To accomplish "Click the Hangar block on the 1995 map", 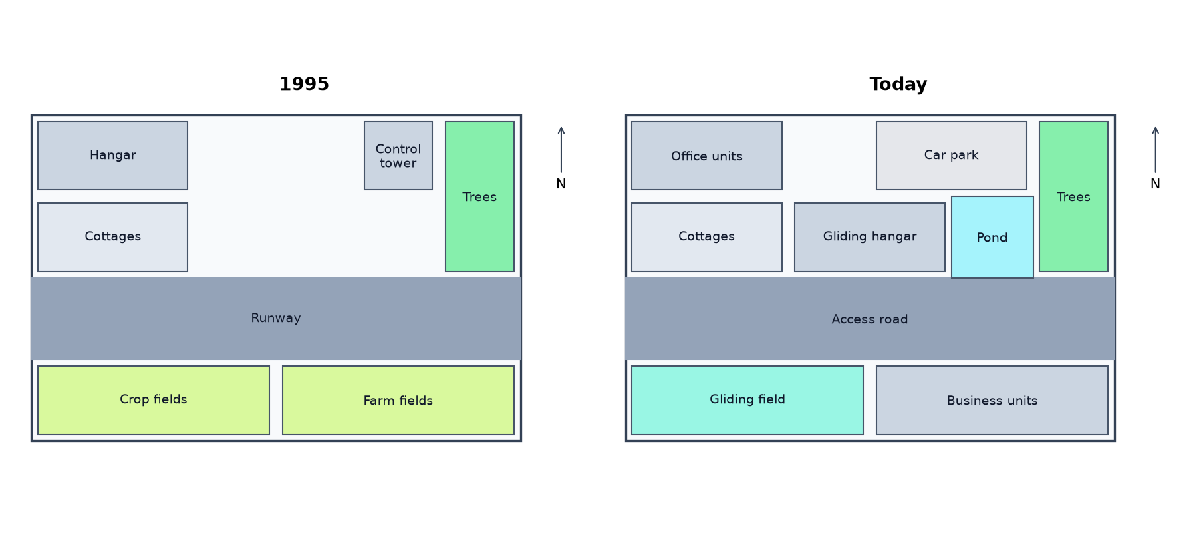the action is (113, 156).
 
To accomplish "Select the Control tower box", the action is (398, 156).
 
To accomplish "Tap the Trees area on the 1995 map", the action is (480, 196).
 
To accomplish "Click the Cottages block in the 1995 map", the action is (113, 237).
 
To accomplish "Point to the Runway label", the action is (276, 318).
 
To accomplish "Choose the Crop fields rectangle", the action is (154, 400).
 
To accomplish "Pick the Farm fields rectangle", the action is (398, 400).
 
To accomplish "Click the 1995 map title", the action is (304, 84).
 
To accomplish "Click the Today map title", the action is (898, 84).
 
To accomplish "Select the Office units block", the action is (706, 156).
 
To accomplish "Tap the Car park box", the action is (951, 156).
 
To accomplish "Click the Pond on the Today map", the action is (992, 237).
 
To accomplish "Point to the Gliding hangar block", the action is (870, 237).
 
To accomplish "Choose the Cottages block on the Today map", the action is (706, 237).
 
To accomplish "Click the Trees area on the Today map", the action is (1073, 196).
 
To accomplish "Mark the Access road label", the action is (870, 319).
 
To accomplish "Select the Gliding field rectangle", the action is (747, 400).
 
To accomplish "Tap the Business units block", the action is (992, 400).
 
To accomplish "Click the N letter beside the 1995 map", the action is (561, 184).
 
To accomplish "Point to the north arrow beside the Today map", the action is (1155, 150).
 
